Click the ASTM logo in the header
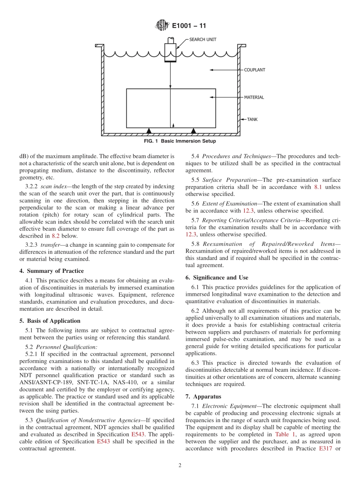(x=162, y=26)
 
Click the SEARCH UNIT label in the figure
(x=203, y=39)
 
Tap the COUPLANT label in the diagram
(x=254, y=70)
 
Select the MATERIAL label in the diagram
(x=254, y=97)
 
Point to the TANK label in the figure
(x=252, y=119)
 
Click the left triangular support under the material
(x=149, y=131)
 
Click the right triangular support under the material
(x=194, y=131)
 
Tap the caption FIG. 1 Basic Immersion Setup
(x=180, y=141)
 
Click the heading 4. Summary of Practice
(x=52, y=271)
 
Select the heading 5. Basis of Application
(x=50, y=321)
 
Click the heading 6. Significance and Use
(x=217, y=278)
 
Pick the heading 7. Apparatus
(x=203, y=397)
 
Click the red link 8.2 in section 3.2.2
(x=55, y=236)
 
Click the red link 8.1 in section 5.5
(x=318, y=187)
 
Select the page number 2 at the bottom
(x=180, y=466)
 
